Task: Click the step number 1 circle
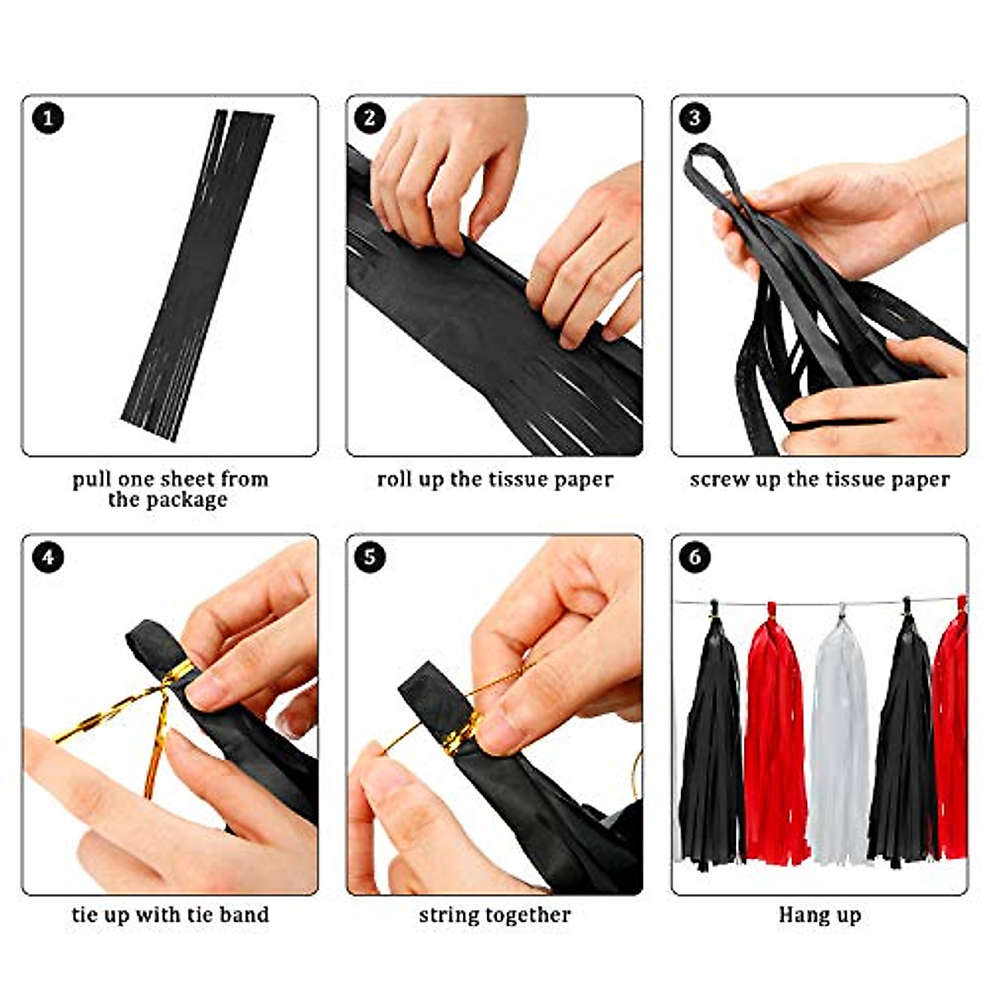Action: pos(48,119)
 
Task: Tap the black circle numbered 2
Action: pos(370,119)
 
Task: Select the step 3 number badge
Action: pos(695,119)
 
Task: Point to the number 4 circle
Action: pos(48,558)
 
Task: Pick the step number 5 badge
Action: pos(370,558)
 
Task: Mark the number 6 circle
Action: pos(695,558)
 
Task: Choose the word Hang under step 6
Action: pos(795,915)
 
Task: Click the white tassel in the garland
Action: pos(839,742)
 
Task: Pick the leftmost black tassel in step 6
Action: pos(711,742)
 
